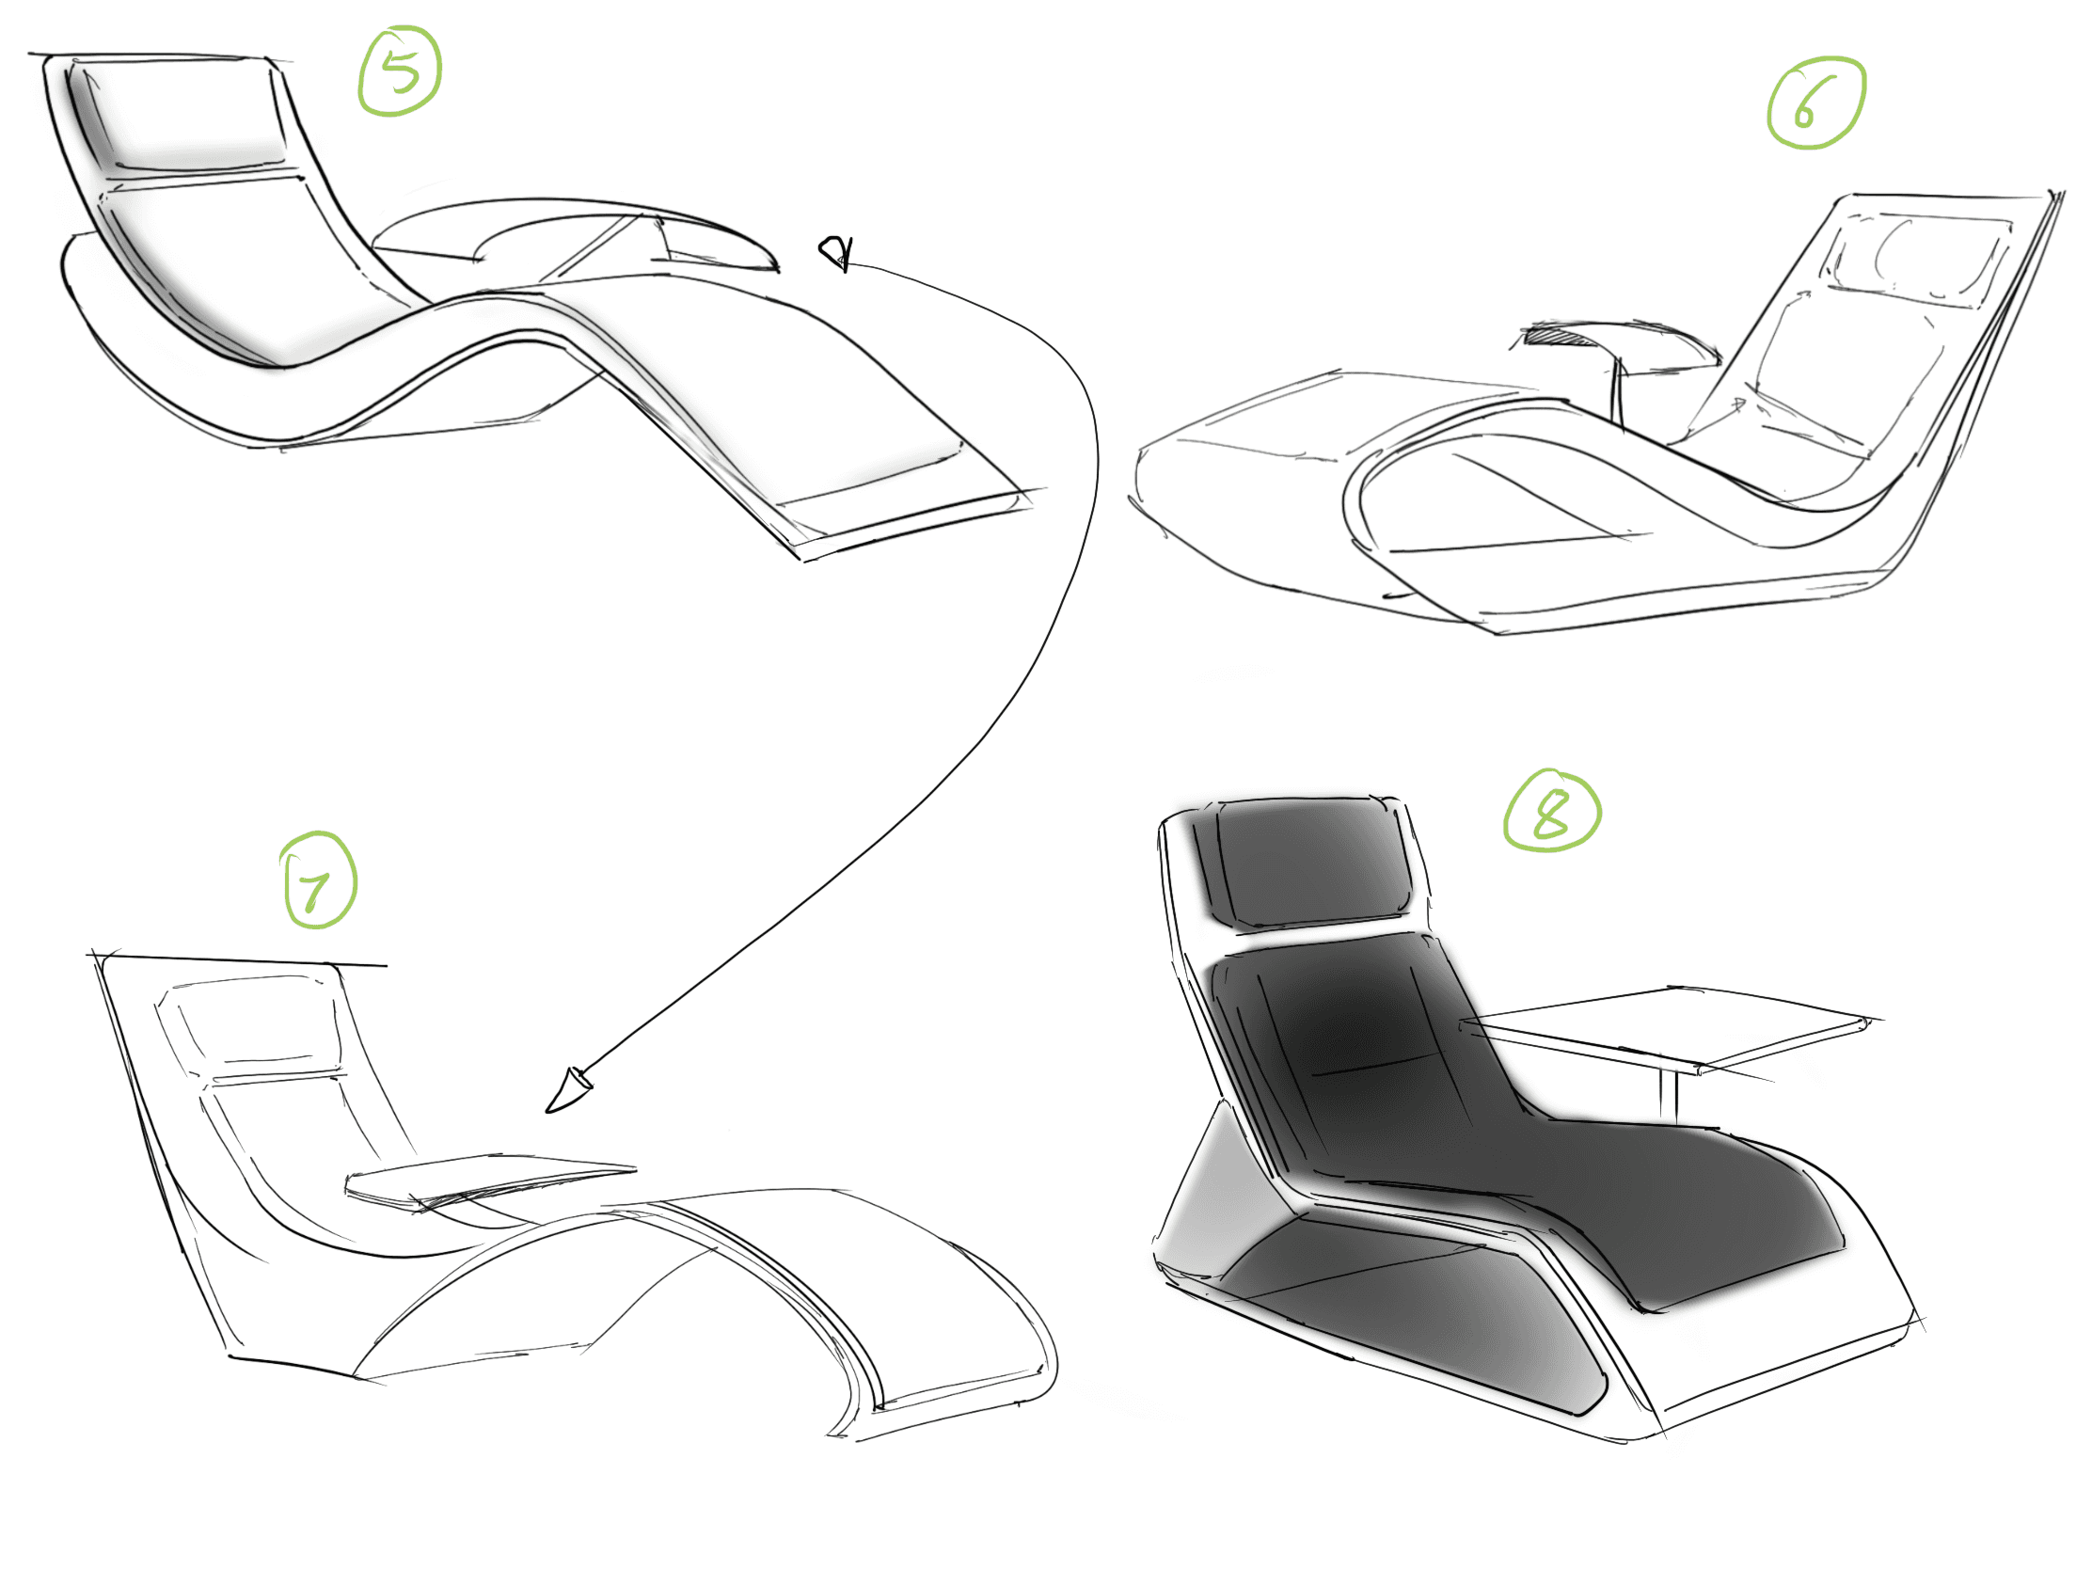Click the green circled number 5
tap(400, 71)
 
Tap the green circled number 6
tap(1815, 103)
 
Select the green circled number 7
tap(320, 880)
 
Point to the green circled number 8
tap(1552, 812)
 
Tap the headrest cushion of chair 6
tap(1920, 255)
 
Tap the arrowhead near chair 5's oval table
tap(836, 252)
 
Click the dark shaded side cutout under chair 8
tap(1418, 1315)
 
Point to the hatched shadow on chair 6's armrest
tap(1551, 333)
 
